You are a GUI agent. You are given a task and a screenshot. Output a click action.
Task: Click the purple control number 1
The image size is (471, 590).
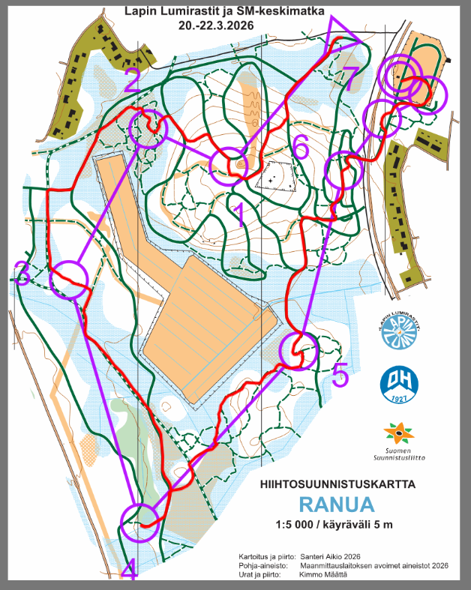tap(240, 215)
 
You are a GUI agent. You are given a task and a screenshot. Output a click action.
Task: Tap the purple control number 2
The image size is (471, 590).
tap(133, 80)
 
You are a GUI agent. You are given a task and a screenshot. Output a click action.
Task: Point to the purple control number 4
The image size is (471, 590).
tap(128, 570)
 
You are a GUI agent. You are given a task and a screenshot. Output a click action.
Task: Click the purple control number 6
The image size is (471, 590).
tap(300, 148)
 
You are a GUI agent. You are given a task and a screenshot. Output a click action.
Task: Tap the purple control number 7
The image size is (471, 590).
tap(351, 77)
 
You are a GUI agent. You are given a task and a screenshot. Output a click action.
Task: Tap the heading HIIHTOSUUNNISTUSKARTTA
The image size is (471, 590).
tap(337, 484)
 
